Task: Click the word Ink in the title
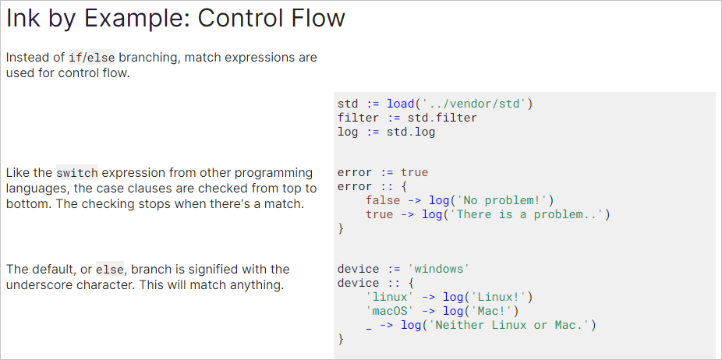click(23, 19)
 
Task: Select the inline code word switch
click(76, 172)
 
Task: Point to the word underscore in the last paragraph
click(39, 285)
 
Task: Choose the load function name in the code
click(400, 103)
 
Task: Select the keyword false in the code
click(382, 200)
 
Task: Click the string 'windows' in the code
click(438, 269)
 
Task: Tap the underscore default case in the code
click(368, 326)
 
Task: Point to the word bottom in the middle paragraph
click(27, 203)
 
